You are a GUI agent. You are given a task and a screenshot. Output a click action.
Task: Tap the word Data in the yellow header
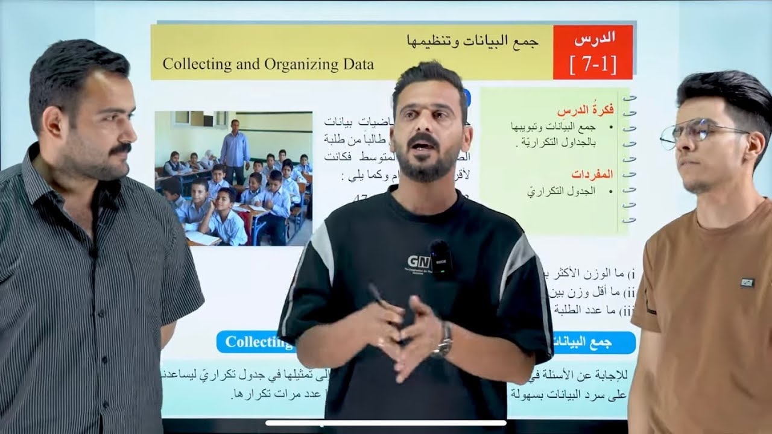tap(355, 64)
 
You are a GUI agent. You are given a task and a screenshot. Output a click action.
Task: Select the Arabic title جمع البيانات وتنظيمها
tap(471, 42)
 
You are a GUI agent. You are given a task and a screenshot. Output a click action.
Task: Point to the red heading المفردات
tap(594, 174)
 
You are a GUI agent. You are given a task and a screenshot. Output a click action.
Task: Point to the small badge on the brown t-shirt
tap(747, 282)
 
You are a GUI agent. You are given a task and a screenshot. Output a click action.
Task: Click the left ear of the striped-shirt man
tap(53, 121)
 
